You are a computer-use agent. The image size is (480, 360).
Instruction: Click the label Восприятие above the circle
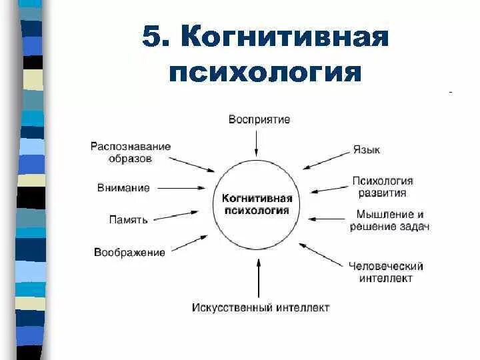pyautogui.click(x=259, y=120)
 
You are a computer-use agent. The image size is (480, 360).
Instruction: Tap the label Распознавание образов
pyautogui.click(x=131, y=153)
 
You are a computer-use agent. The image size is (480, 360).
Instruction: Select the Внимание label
pyautogui.click(x=123, y=188)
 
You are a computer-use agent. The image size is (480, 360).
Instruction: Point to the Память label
pyautogui.click(x=128, y=219)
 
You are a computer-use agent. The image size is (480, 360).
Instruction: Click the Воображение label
pyautogui.click(x=129, y=252)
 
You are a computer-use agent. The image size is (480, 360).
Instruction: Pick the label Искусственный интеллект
pyautogui.click(x=261, y=308)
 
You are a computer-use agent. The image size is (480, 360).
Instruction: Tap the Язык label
pyautogui.click(x=367, y=150)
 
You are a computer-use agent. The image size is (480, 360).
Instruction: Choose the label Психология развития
pyautogui.click(x=383, y=187)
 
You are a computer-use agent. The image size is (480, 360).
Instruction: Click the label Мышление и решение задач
pyautogui.click(x=389, y=221)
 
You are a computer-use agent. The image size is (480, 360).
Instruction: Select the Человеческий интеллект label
pyautogui.click(x=386, y=272)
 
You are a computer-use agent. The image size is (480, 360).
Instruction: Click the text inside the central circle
pyautogui.click(x=257, y=205)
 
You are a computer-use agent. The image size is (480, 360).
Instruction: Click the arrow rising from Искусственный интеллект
pyautogui.click(x=259, y=277)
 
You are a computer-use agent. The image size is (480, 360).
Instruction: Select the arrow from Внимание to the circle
pyautogui.click(x=183, y=189)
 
